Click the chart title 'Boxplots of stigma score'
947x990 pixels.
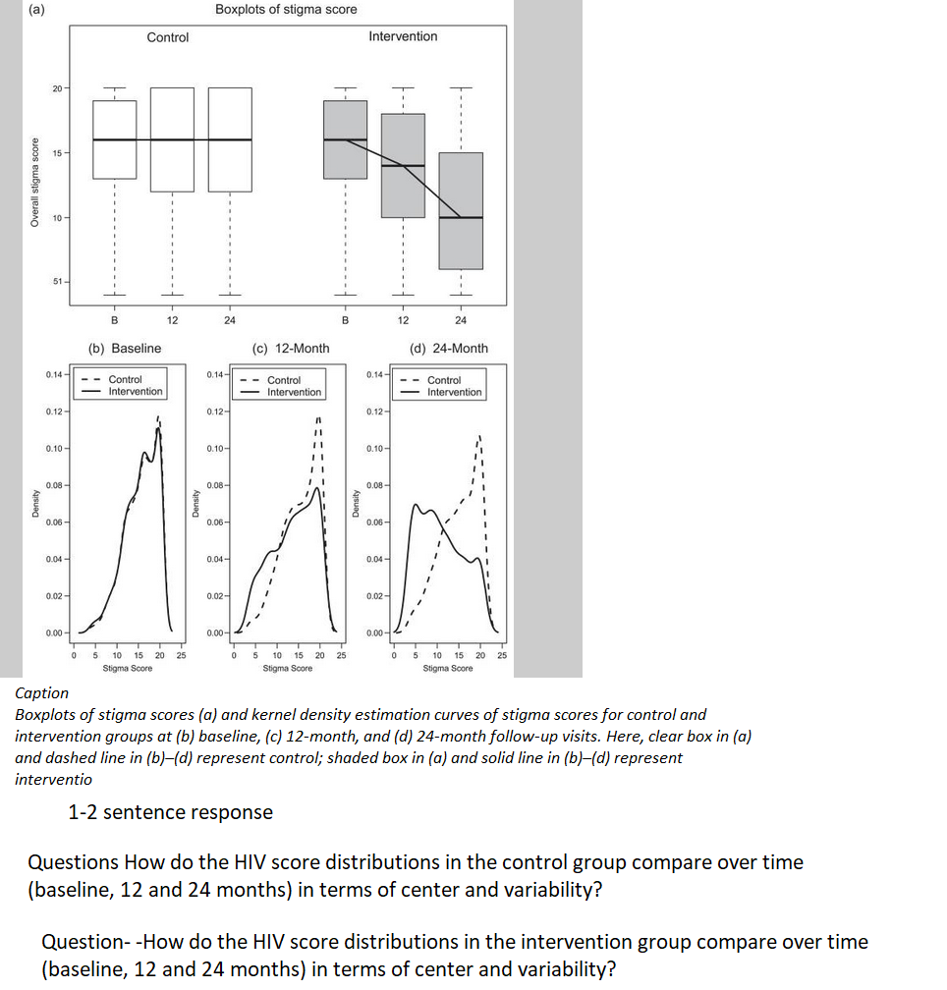tap(286, 9)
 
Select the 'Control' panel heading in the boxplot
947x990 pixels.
tap(168, 37)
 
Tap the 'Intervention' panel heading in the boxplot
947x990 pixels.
tap(403, 36)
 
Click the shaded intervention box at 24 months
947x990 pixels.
tap(461, 210)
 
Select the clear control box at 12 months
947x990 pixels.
tap(172, 139)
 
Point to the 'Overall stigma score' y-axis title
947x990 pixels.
tap(34, 183)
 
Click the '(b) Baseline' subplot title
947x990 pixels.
tap(125, 348)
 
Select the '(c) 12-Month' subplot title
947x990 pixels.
tap(291, 348)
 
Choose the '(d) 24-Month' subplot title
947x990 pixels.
tap(448, 348)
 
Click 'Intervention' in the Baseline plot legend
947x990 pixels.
tap(136, 391)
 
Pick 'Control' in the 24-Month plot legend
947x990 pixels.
tap(444, 380)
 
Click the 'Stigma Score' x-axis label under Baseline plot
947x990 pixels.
tap(128, 668)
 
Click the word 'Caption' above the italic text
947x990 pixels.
tap(42, 693)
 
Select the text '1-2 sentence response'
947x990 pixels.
tap(170, 812)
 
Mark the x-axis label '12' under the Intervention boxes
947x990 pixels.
tap(403, 320)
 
